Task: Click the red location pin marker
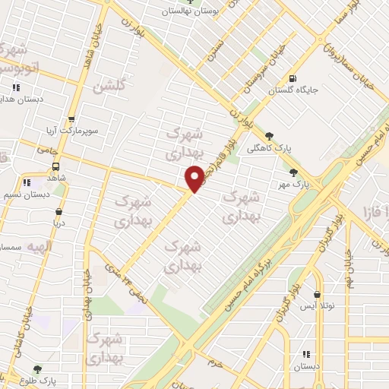click(194, 179)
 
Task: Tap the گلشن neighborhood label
click(108, 86)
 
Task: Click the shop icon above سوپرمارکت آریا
click(71, 119)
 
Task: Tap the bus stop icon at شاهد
click(56, 166)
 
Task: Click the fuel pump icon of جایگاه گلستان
click(294, 78)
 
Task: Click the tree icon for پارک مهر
click(294, 172)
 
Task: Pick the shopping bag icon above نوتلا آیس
click(317, 295)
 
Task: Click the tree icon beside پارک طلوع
click(37, 369)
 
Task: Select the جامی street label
click(48, 150)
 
